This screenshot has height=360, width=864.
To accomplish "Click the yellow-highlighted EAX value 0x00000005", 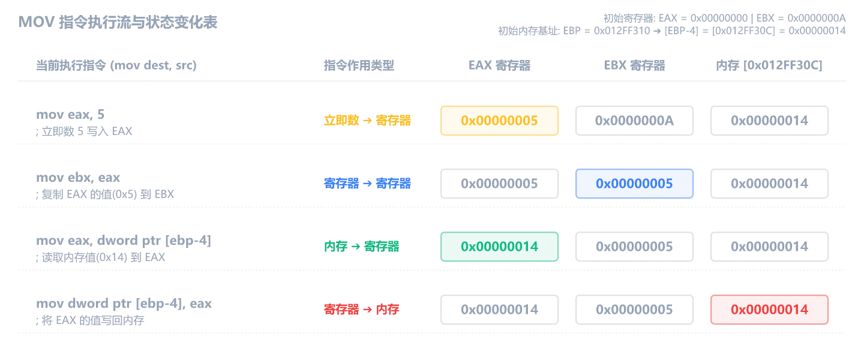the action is click(x=499, y=121).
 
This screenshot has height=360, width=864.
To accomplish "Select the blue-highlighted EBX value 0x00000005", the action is click(x=634, y=184).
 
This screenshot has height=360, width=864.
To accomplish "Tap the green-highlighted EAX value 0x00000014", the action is click(x=499, y=247).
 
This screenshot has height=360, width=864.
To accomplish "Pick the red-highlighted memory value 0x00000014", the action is click(x=769, y=310).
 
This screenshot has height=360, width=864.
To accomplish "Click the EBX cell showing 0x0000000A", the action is click(x=634, y=121).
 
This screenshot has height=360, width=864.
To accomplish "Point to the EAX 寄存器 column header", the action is click(x=499, y=65).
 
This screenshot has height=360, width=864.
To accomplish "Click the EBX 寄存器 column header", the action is click(x=634, y=65).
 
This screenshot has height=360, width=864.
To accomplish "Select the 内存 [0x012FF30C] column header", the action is click(x=769, y=65).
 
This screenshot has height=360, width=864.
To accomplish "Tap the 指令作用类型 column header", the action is click(x=359, y=65).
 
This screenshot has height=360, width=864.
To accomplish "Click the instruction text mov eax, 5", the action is click(x=70, y=114).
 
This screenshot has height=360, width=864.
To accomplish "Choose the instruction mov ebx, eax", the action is click(x=78, y=178).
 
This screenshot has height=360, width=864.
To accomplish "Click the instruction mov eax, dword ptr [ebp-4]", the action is click(x=124, y=241).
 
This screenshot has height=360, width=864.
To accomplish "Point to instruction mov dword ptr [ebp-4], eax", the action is click(x=124, y=303).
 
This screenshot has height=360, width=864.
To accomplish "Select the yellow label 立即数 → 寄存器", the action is click(x=367, y=121).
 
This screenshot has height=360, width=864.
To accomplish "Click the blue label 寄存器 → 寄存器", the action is click(x=367, y=184).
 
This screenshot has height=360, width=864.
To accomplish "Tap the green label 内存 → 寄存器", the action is click(x=361, y=247).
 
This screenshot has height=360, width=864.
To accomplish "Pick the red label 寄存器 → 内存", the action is click(x=361, y=310).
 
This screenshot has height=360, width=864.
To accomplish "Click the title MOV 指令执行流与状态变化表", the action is click(x=118, y=22).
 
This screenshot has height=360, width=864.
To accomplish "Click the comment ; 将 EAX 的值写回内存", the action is click(x=90, y=320).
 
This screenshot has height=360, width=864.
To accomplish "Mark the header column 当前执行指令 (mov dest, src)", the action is click(x=116, y=65).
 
